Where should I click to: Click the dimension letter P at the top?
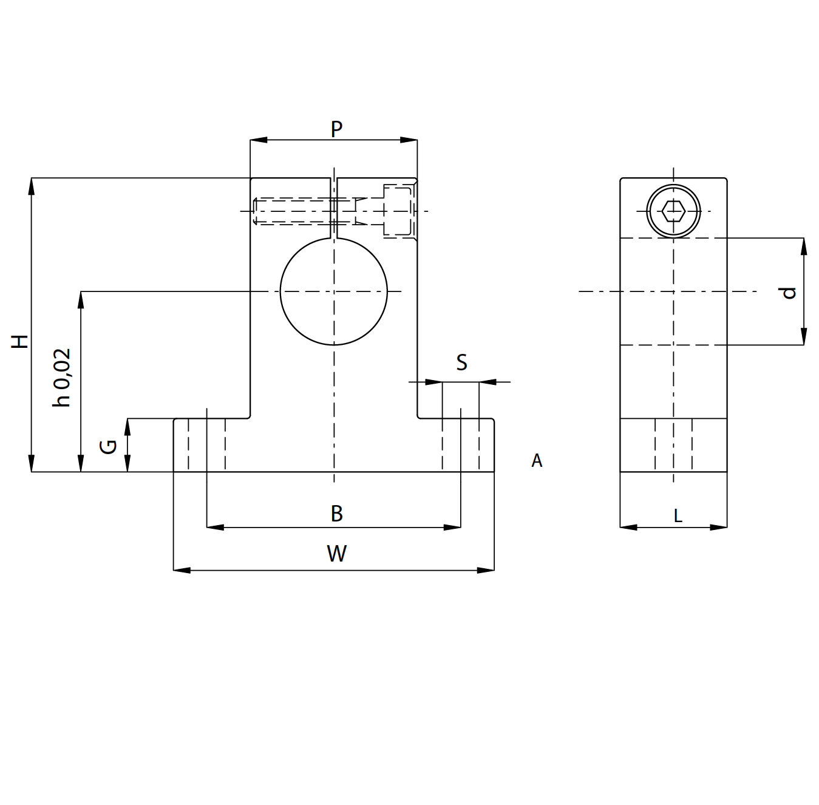coord(336,129)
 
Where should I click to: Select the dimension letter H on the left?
coord(21,341)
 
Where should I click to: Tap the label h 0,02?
coord(62,378)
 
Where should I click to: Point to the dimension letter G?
coord(108,447)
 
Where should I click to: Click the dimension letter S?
coord(461,362)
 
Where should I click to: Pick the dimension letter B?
coord(336,514)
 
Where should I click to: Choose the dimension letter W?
coord(336,554)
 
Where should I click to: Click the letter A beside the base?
coord(537,461)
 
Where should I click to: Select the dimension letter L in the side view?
coord(678,516)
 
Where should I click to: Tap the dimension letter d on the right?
coord(789,293)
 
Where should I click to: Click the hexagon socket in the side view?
coord(673,211)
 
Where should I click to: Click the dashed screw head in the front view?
coord(398,211)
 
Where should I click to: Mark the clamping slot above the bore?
coord(334,208)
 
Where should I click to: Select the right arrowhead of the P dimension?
coord(409,140)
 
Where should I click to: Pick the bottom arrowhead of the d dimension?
coord(804,338)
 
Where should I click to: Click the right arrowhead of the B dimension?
coord(453,528)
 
